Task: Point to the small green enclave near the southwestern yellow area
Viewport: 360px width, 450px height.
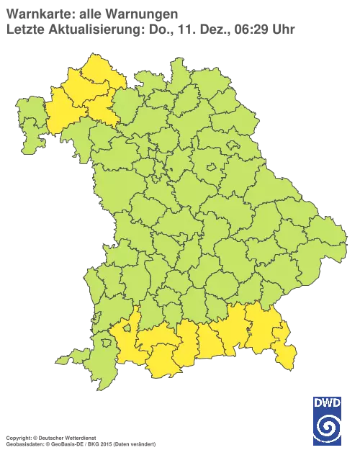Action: tap(129, 328)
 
